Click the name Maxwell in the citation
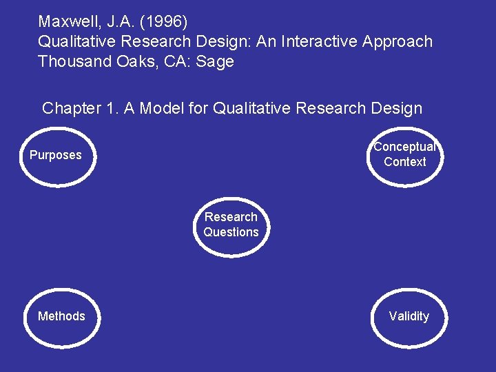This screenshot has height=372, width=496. tap(66, 21)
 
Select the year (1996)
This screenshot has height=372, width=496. tap(162, 21)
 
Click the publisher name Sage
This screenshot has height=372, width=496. tap(216, 61)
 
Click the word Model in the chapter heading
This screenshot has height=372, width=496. tap(161, 108)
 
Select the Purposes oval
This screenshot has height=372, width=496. tap(56, 156)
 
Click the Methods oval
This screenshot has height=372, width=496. tap(61, 316)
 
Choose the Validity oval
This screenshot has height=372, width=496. tap(409, 316)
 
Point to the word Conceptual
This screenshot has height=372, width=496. tap(405, 147)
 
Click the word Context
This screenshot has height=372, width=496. tap(405, 162)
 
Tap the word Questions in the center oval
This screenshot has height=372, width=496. tap(231, 232)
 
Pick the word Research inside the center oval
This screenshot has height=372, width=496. tap(231, 217)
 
